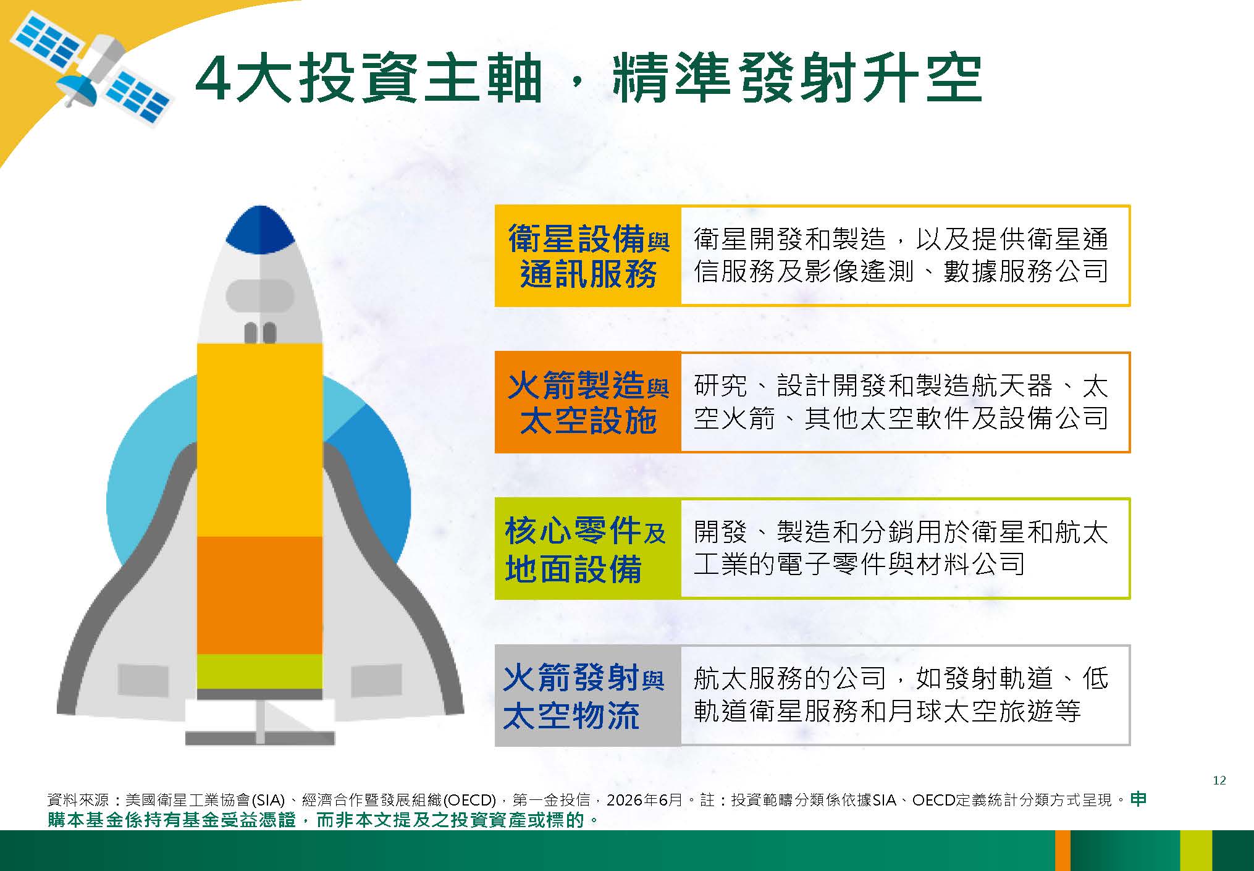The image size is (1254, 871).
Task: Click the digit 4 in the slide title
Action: click(x=214, y=80)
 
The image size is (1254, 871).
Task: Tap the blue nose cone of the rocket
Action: click(x=260, y=229)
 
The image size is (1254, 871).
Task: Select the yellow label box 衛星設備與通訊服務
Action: click(x=588, y=256)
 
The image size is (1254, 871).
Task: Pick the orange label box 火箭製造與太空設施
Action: click(x=588, y=402)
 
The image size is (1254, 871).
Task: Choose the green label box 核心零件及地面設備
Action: click(x=588, y=549)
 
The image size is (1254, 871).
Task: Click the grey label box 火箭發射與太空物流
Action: click(x=588, y=696)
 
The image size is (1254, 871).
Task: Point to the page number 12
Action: click(x=1219, y=780)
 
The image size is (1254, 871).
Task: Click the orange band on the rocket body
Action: click(x=259, y=595)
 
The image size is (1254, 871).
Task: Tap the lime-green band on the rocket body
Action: click(x=259, y=671)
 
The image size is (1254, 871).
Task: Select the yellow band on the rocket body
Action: click(x=259, y=440)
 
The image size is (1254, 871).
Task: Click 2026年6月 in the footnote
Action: click(x=644, y=800)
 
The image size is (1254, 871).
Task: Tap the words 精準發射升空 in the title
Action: click(x=797, y=80)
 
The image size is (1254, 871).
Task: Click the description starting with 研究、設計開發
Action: click(x=901, y=402)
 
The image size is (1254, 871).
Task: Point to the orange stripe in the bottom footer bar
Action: click(x=1063, y=851)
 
